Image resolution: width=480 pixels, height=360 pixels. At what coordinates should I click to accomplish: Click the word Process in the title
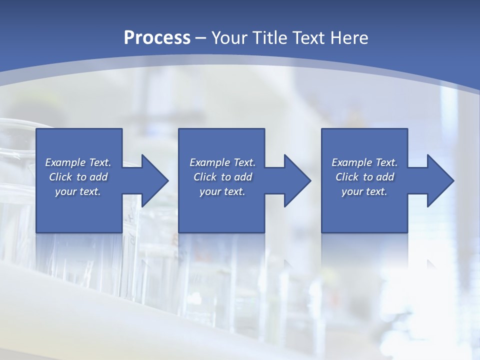[x=157, y=38]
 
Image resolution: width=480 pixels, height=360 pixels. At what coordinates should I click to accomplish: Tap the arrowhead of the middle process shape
[x=296, y=180]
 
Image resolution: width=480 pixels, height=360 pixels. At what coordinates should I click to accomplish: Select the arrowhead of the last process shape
[x=439, y=180]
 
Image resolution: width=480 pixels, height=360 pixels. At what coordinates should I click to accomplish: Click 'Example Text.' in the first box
[x=78, y=162]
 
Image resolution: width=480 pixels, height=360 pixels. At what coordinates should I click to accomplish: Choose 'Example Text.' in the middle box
[x=222, y=162]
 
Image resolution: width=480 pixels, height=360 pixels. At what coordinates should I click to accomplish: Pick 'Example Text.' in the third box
[x=364, y=162]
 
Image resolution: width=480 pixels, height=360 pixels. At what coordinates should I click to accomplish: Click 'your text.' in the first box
[x=78, y=191]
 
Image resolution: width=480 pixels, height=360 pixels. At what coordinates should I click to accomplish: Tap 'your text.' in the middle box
[x=222, y=191]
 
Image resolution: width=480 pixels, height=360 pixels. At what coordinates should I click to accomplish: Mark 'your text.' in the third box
[x=364, y=191]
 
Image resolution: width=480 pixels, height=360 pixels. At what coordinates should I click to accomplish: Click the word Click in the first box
[x=60, y=177]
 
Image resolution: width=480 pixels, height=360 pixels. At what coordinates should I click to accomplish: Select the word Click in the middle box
[x=205, y=177]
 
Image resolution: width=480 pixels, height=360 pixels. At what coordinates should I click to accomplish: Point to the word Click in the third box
[x=347, y=177]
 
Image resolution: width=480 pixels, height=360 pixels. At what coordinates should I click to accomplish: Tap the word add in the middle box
[x=243, y=177]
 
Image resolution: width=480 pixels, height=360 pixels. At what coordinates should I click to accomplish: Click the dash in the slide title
[x=201, y=38]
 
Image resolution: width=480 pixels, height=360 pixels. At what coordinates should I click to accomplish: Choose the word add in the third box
[x=385, y=177]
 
